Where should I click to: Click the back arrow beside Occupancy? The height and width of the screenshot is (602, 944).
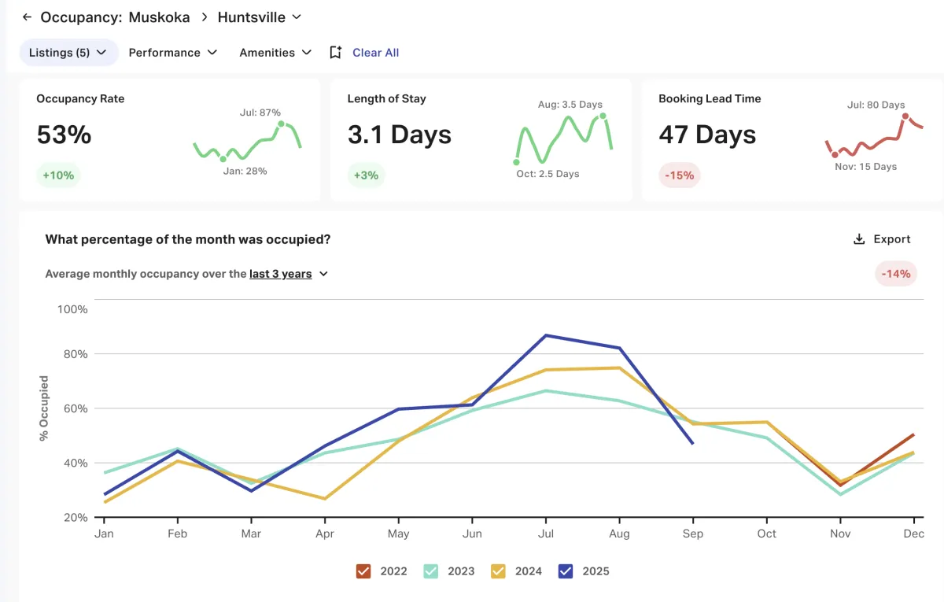pyautogui.click(x=27, y=17)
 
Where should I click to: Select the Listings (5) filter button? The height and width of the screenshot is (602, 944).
pyautogui.click(x=68, y=53)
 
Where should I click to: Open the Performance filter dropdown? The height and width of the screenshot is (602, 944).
pyautogui.click(x=172, y=53)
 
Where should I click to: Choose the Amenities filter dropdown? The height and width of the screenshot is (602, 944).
pyautogui.click(x=275, y=53)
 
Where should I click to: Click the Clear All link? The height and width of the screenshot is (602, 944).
pyautogui.click(x=375, y=53)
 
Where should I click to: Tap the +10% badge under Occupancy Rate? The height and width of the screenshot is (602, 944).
pyautogui.click(x=58, y=175)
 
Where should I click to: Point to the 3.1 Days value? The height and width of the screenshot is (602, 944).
pyautogui.click(x=400, y=135)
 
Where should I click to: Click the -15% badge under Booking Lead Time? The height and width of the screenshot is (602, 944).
pyautogui.click(x=679, y=175)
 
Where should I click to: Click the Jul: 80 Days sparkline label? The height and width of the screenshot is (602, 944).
pyautogui.click(x=876, y=105)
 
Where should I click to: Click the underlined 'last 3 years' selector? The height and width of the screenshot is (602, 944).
pyautogui.click(x=281, y=274)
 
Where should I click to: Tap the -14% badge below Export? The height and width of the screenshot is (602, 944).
pyautogui.click(x=895, y=274)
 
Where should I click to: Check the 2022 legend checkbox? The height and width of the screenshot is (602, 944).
pyautogui.click(x=363, y=571)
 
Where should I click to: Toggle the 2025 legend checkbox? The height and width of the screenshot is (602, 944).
pyautogui.click(x=566, y=571)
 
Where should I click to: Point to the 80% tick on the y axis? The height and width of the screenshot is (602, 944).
pyautogui.click(x=75, y=354)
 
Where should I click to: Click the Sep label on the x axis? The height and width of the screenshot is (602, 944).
pyautogui.click(x=693, y=534)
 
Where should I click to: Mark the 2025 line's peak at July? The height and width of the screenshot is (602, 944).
pyautogui.click(x=545, y=335)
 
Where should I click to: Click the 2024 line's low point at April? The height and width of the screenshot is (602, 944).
pyautogui.click(x=324, y=499)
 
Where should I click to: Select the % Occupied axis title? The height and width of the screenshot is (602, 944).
pyautogui.click(x=44, y=408)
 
